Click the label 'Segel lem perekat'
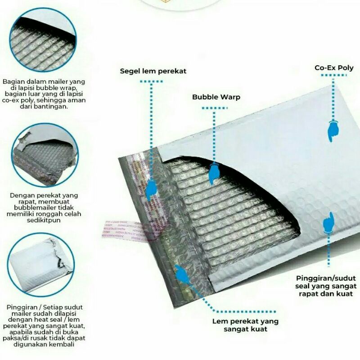coord(153,71)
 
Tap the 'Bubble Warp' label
coord(216,97)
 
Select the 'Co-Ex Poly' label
coord(334,68)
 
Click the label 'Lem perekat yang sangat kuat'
coord(246,325)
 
